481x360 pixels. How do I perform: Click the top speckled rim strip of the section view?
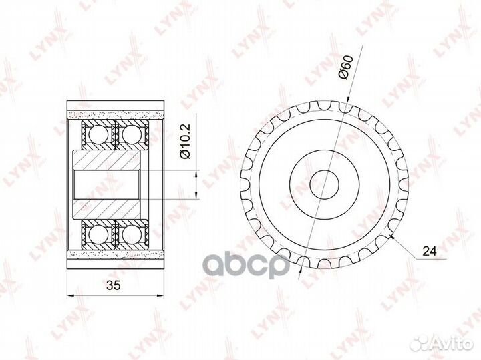point(116,112)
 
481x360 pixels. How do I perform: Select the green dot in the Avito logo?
point(414,339)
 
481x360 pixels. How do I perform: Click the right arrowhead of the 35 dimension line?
point(162,295)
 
